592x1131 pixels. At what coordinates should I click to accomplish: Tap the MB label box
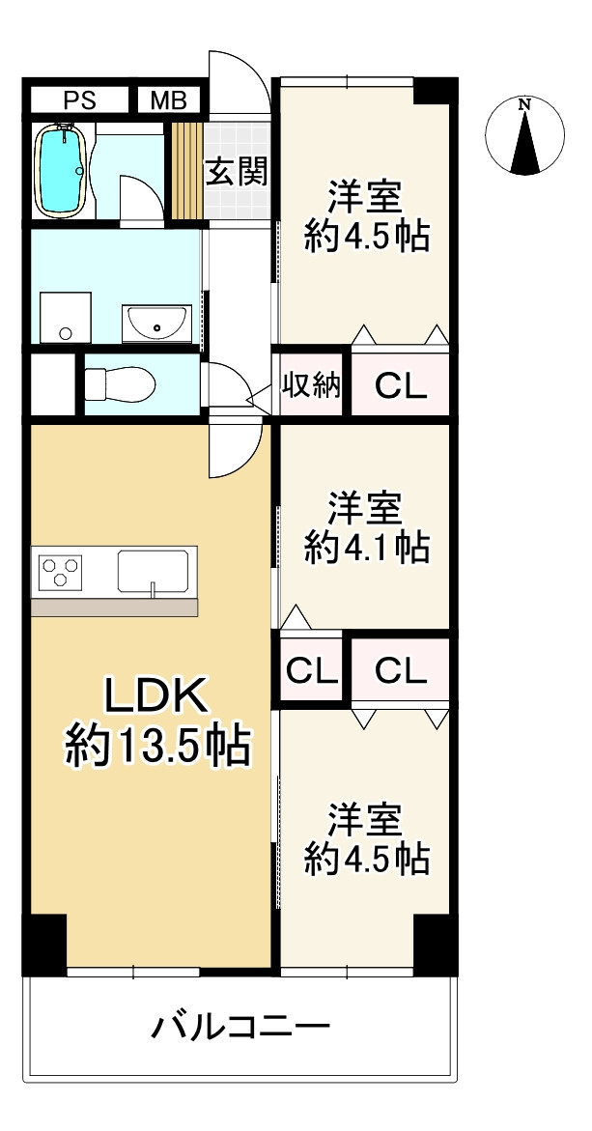(x=169, y=99)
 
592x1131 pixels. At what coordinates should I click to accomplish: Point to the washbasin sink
(x=156, y=322)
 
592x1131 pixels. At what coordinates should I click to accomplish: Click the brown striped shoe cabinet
(x=185, y=170)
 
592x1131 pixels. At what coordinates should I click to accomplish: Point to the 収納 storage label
(x=311, y=386)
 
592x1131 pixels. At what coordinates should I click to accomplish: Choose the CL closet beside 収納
(x=400, y=386)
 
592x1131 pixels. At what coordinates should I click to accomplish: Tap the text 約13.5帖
(x=156, y=746)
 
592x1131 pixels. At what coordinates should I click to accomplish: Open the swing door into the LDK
(x=235, y=448)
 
